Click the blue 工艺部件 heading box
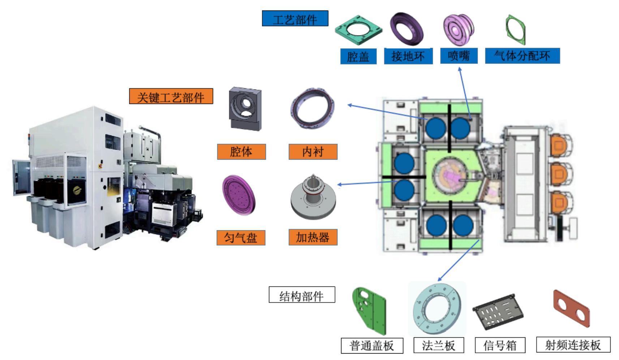pyautogui.click(x=295, y=18)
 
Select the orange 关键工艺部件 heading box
pyautogui.click(x=171, y=96)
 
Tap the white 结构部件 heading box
pyautogui.click(x=302, y=295)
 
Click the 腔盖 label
pyautogui.click(x=358, y=56)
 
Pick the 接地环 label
pyautogui.click(x=408, y=56)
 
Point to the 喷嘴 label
pyautogui.click(x=459, y=56)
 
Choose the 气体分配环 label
pyautogui.click(x=522, y=56)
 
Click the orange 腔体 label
pyautogui.click(x=241, y=152)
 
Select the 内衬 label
pyautogui.click(x=313, y=152)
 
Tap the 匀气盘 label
pyautogui.click(x=241, y=238)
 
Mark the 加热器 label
pyautogui.click(x=313, y=237)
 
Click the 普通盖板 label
pyautogui.click(x=372, y=346)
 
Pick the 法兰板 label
pyautogui.click(x=438, y=346)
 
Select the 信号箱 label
pyautogui.click(x=499, y=346)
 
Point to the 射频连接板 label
pyautogui.click(x=573, y=345)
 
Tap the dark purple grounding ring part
pyautogui.click(x=407, y=29)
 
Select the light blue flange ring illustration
pyautogui.click(x=437, y=309)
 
